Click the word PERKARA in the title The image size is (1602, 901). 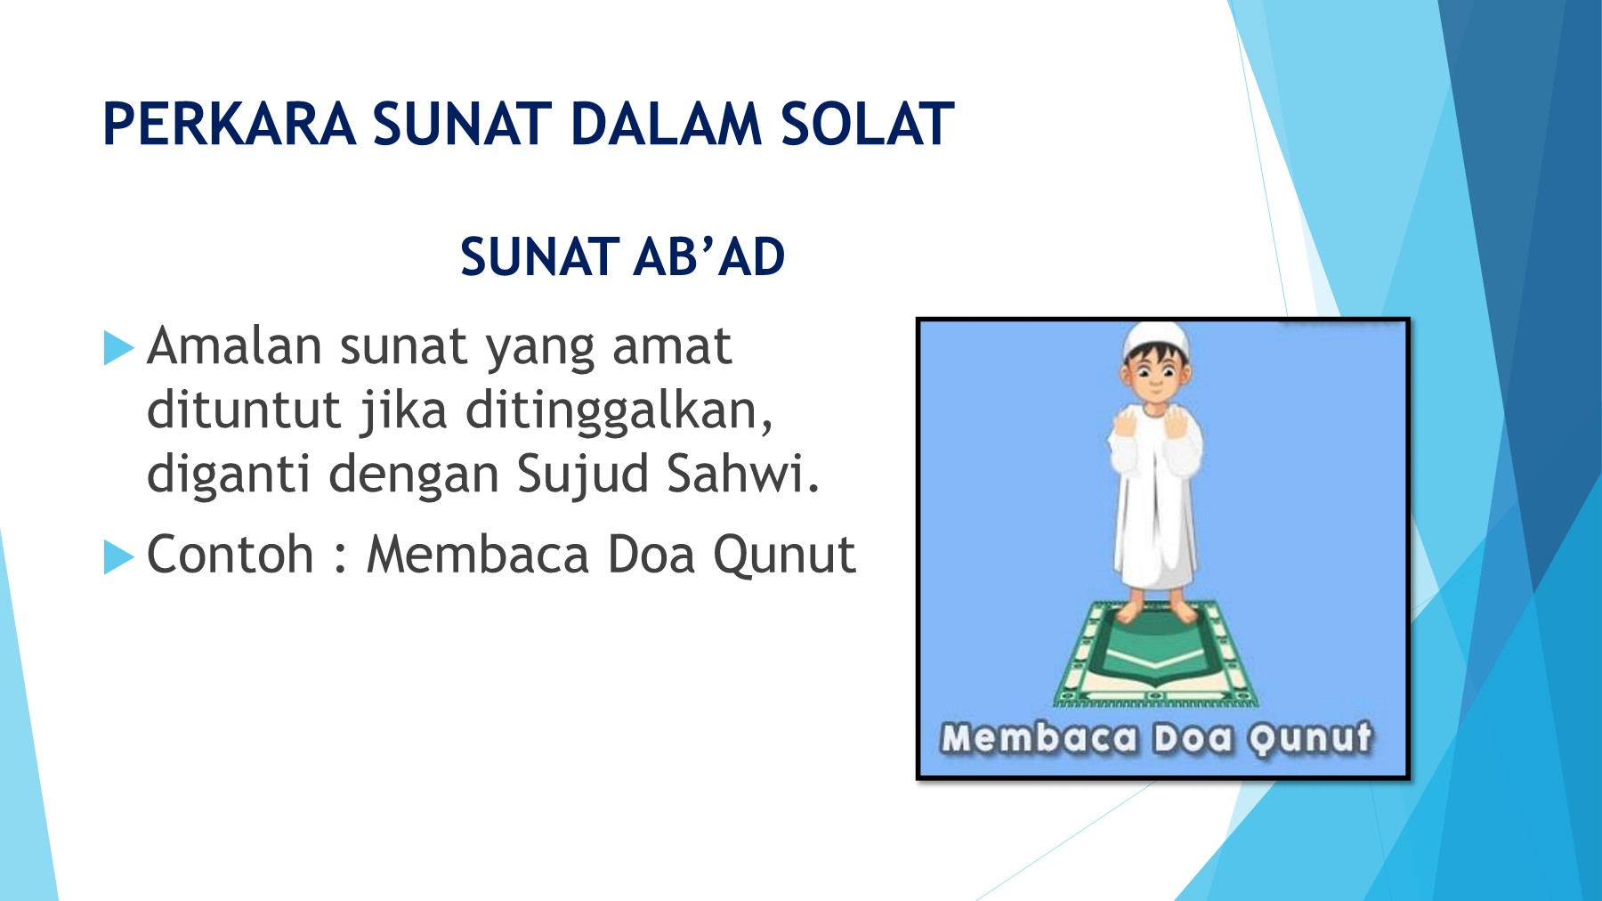coord(230,124)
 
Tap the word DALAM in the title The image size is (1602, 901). coord(666,124)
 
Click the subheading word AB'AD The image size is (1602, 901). coord(709,257)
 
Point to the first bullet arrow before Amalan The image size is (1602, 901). coord(118,348)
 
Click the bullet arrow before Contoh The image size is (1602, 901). coord(118,557)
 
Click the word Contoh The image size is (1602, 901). coord(230,555)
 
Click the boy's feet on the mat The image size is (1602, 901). coord(1155,612)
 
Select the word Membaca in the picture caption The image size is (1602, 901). coord(1040,738)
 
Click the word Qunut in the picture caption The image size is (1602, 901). coord(1309,739)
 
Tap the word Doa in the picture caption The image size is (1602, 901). coord(1193,738)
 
